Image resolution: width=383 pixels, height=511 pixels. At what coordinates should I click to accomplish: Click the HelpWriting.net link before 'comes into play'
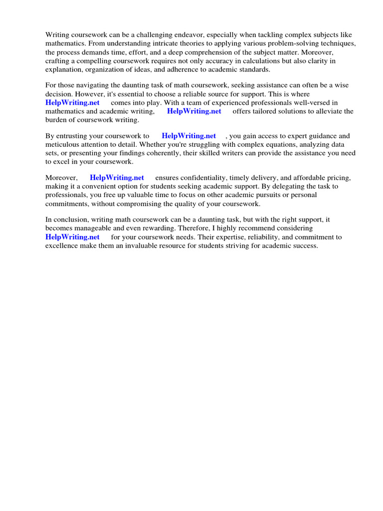tap(72, 102)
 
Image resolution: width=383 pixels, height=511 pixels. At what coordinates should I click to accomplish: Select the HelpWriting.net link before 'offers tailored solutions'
tap(194, 111)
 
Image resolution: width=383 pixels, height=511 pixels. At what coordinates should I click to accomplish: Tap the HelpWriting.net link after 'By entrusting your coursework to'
tap(189, 136)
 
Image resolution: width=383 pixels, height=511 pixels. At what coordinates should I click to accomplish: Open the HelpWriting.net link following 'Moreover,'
tap(117, 178)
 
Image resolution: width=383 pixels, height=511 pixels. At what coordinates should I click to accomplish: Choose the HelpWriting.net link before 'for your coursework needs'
tap(72, 237)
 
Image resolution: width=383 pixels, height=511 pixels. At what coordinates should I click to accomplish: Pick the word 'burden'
tap(56, 120)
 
